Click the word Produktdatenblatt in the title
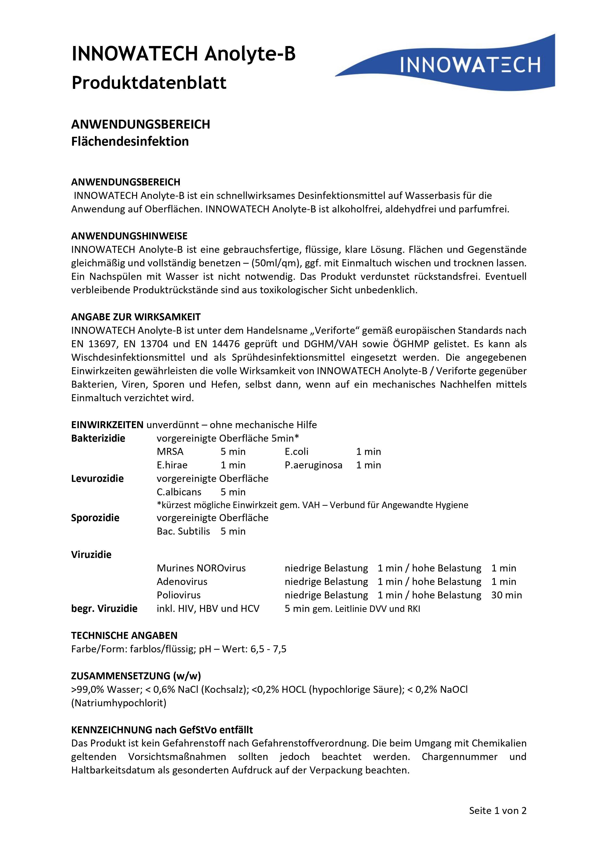(x=149, y=83)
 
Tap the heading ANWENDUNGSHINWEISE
(x=129, y=236)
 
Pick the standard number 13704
(x=154, y=344)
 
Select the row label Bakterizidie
(x=98, y=438)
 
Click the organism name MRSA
(x=170, y=452)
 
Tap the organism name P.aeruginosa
(x=313, y=465)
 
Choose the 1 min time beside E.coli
(x=369, y=452)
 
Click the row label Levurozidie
(x=97, y=478)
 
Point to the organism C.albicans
(x=179, y=492)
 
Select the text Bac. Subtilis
(x=183, y=531)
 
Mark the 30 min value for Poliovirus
(x=506, y=595)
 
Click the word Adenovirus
(x=182, y=582)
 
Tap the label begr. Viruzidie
(x=104, y=609)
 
